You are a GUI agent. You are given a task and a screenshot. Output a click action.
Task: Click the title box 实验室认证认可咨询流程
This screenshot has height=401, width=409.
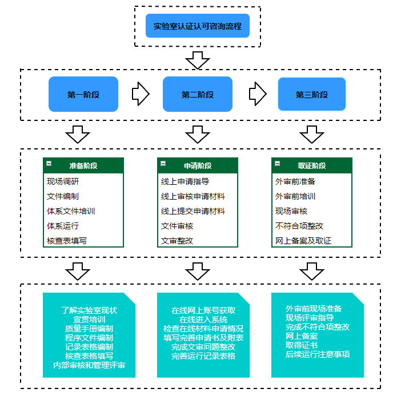(197, 26)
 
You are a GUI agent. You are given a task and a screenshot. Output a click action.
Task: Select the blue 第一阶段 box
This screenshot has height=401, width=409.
(83, 95)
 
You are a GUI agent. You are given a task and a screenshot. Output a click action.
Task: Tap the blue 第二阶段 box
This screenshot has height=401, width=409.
(198, 95)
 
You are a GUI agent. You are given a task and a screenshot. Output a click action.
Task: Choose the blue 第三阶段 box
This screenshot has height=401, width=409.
(312, 95)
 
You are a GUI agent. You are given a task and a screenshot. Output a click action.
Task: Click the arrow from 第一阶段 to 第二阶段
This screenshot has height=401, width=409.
(141, 94)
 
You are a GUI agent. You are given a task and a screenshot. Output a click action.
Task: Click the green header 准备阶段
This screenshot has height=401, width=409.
(83, 165)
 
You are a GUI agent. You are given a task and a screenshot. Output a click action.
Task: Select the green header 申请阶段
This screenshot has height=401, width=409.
(198, 165)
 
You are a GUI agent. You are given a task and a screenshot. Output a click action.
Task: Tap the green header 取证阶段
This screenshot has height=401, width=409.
(312, 165)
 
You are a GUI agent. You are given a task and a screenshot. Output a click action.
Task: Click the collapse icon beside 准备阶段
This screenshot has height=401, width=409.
(49, 164)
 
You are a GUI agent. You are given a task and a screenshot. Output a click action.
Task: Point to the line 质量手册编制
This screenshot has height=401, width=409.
(89, 329)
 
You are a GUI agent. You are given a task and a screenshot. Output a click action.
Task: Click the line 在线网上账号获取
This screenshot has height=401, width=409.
(203, 310)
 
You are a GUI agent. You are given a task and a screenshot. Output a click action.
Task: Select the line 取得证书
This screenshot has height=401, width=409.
(302, 345)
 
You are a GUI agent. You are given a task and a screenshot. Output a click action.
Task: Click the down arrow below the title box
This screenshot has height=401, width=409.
(198, 59)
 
